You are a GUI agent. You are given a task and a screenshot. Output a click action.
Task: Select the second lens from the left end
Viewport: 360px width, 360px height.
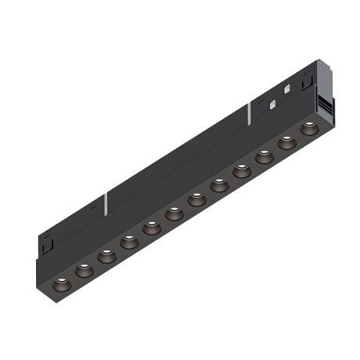[83, 269]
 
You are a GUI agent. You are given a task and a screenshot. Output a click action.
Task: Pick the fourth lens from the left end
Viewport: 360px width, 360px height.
[129, 242]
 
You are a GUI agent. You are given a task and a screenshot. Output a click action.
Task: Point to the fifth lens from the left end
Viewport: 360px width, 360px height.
[152, 228]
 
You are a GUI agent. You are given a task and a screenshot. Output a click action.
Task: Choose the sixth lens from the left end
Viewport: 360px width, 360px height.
[174, 214]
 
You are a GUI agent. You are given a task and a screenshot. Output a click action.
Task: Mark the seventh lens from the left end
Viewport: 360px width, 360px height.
[196, 200]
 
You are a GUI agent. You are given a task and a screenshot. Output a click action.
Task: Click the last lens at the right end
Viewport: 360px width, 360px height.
[310, 128]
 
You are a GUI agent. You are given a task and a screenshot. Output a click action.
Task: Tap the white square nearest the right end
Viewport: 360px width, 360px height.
[287, 88]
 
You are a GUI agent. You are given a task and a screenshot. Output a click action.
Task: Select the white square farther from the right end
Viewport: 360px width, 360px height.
[272, 103]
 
